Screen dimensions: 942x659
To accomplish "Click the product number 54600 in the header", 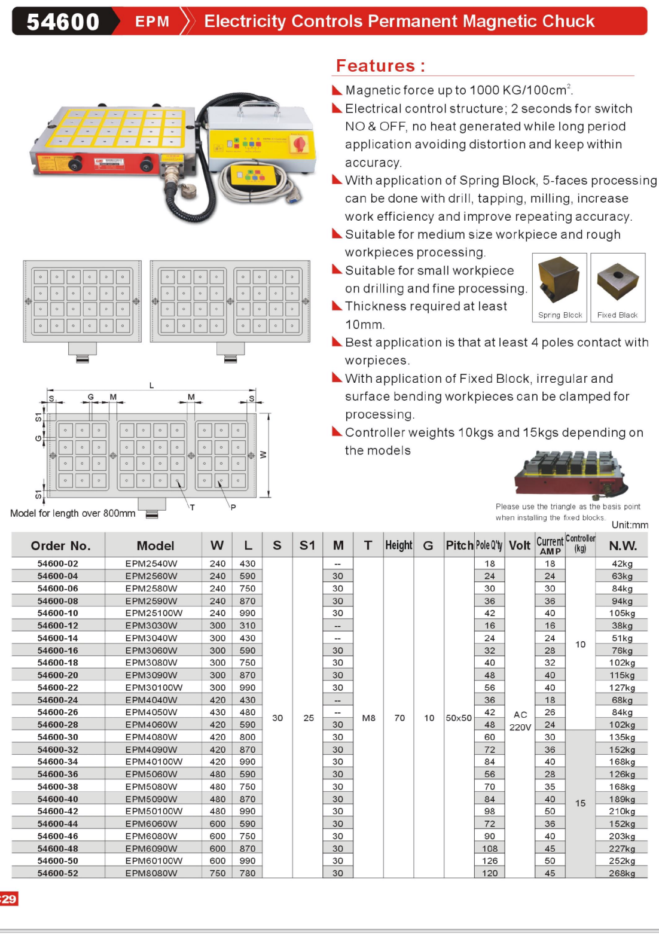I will coord(63,22).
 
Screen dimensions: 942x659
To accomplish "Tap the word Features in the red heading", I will coord(375,65).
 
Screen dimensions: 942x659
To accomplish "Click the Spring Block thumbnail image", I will coord(559,282).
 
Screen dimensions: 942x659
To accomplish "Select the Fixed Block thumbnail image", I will coord(617,282).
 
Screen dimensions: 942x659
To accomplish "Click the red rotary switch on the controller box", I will coord(298,144).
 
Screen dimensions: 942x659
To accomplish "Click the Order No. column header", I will coord(60,545).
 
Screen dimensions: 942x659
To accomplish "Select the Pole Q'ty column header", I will coord(489,545).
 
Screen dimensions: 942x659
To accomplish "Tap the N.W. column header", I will coord(623,545).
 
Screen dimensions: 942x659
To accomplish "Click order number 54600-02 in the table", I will coord(58,563).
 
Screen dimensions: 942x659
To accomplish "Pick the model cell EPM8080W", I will coord(151,873).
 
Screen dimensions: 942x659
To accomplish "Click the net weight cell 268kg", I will coord(622,873).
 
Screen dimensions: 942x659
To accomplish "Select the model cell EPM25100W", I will coord(154,613).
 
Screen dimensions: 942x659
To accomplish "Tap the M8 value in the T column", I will coord(369,718).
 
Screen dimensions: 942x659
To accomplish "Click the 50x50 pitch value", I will coord(459,718).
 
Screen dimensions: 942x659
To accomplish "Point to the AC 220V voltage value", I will coord(520,721).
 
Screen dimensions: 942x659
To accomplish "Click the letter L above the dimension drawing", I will coord(151,385).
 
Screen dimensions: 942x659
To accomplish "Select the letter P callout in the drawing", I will coord(233,507).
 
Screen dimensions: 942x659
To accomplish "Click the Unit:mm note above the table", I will coord(630,525).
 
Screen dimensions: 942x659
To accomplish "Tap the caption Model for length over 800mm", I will coord(73,513).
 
